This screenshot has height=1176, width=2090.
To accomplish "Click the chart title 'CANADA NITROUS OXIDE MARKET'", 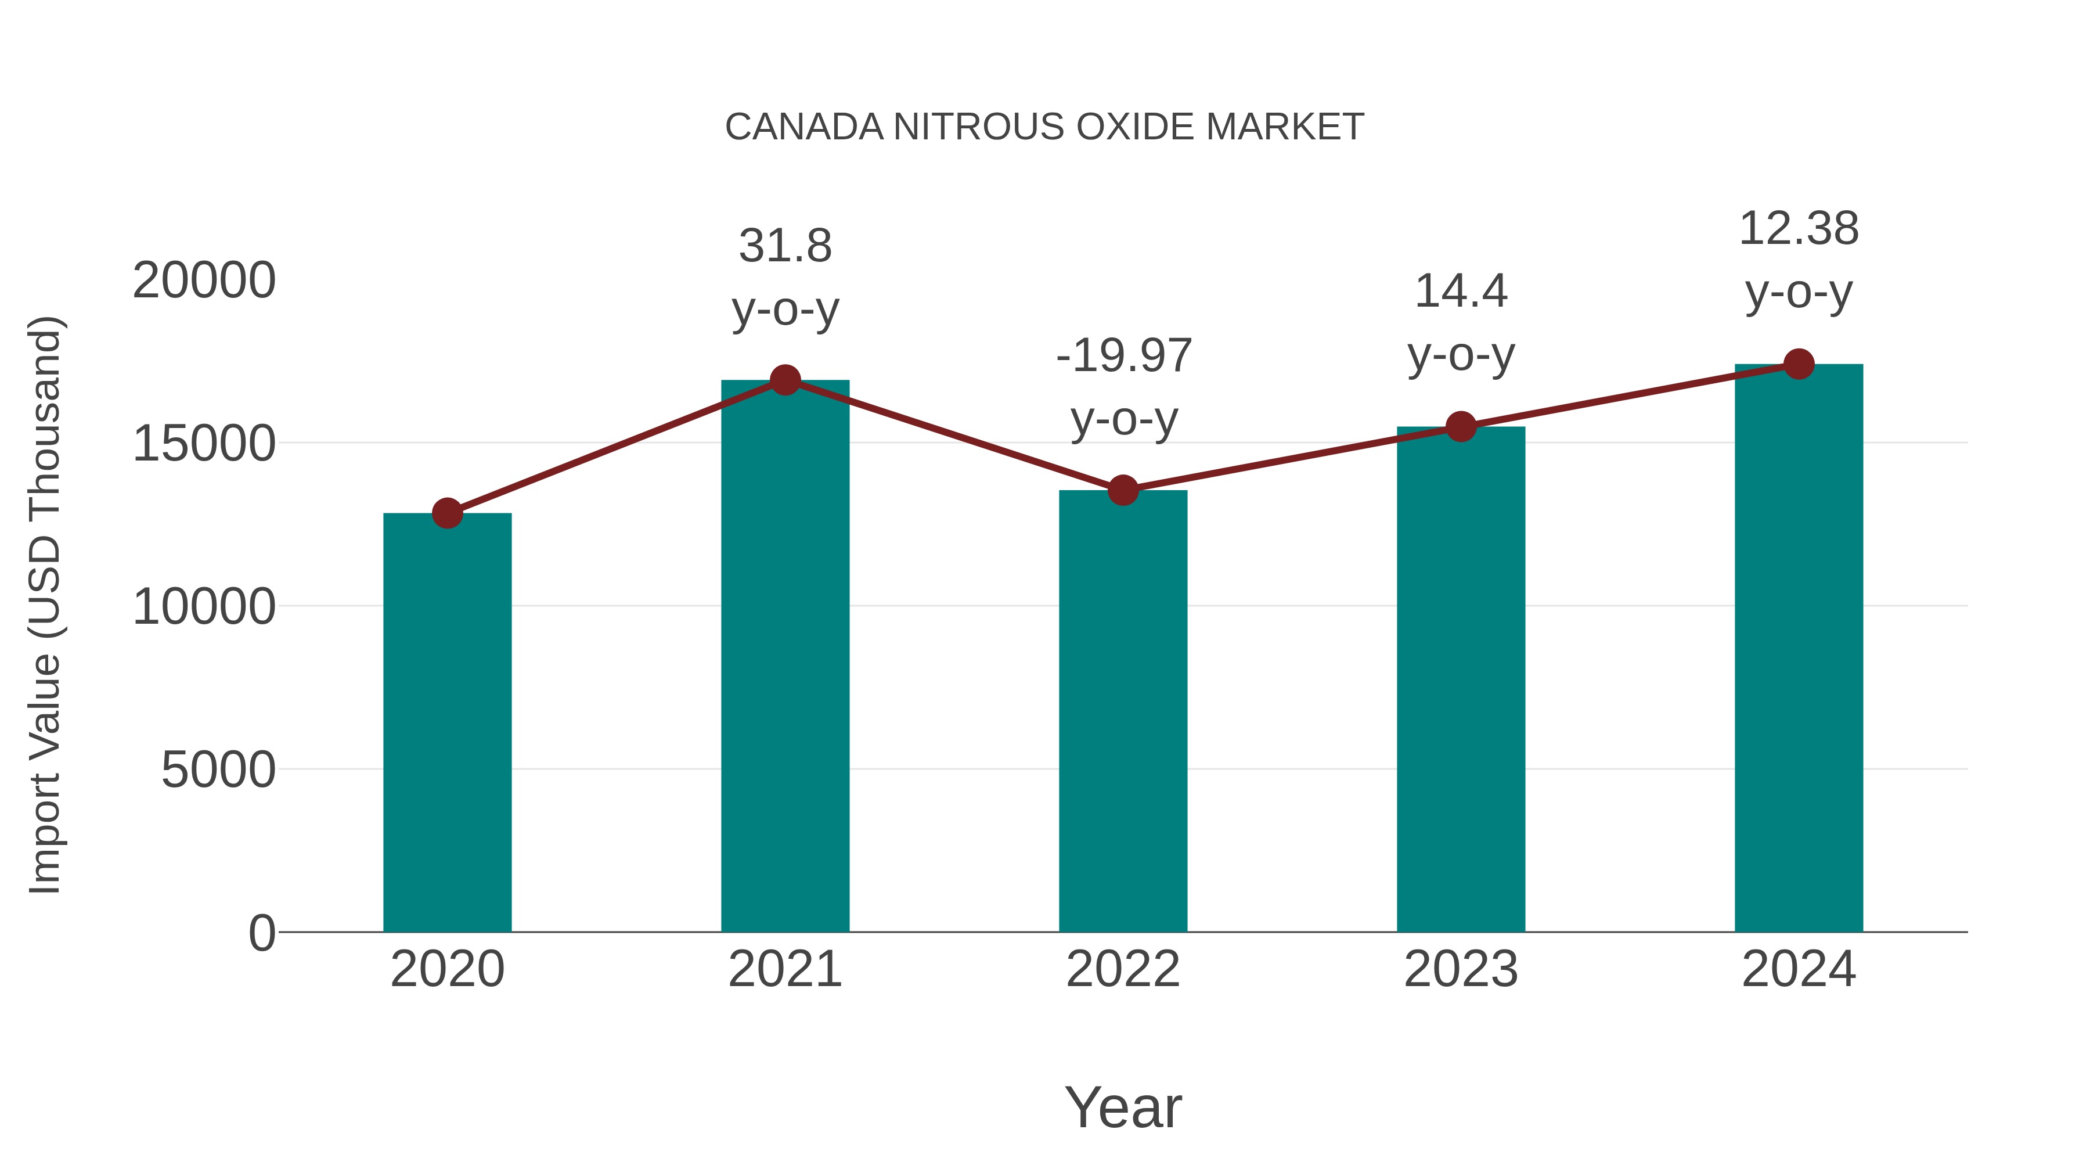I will coord(1044,127).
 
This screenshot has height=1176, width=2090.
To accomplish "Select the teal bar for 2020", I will coord(447,722).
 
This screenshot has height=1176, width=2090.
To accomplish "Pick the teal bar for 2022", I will coord(1123,711).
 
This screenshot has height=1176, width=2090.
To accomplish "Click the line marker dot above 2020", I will coord(447,513).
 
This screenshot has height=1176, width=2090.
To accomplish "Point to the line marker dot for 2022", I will coord(1123,490).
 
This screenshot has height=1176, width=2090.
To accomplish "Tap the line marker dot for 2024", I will coord(1799,364).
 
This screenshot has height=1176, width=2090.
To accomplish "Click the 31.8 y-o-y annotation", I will coord(784,277).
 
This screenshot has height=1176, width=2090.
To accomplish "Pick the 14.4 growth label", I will coord(1461,322).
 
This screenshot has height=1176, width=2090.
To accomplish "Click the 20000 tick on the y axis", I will coord(204,281).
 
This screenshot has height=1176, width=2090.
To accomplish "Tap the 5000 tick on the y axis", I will coord(218,769).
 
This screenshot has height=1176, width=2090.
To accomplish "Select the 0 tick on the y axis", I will coord(262,933).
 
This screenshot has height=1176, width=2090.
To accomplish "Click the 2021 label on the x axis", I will coord(784,969).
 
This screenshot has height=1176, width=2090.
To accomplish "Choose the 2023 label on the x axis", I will coord(1461,969).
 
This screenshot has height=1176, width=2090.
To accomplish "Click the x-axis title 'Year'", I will coord(1123,1107).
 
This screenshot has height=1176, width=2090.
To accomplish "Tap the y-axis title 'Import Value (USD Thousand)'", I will coord(45,606).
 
